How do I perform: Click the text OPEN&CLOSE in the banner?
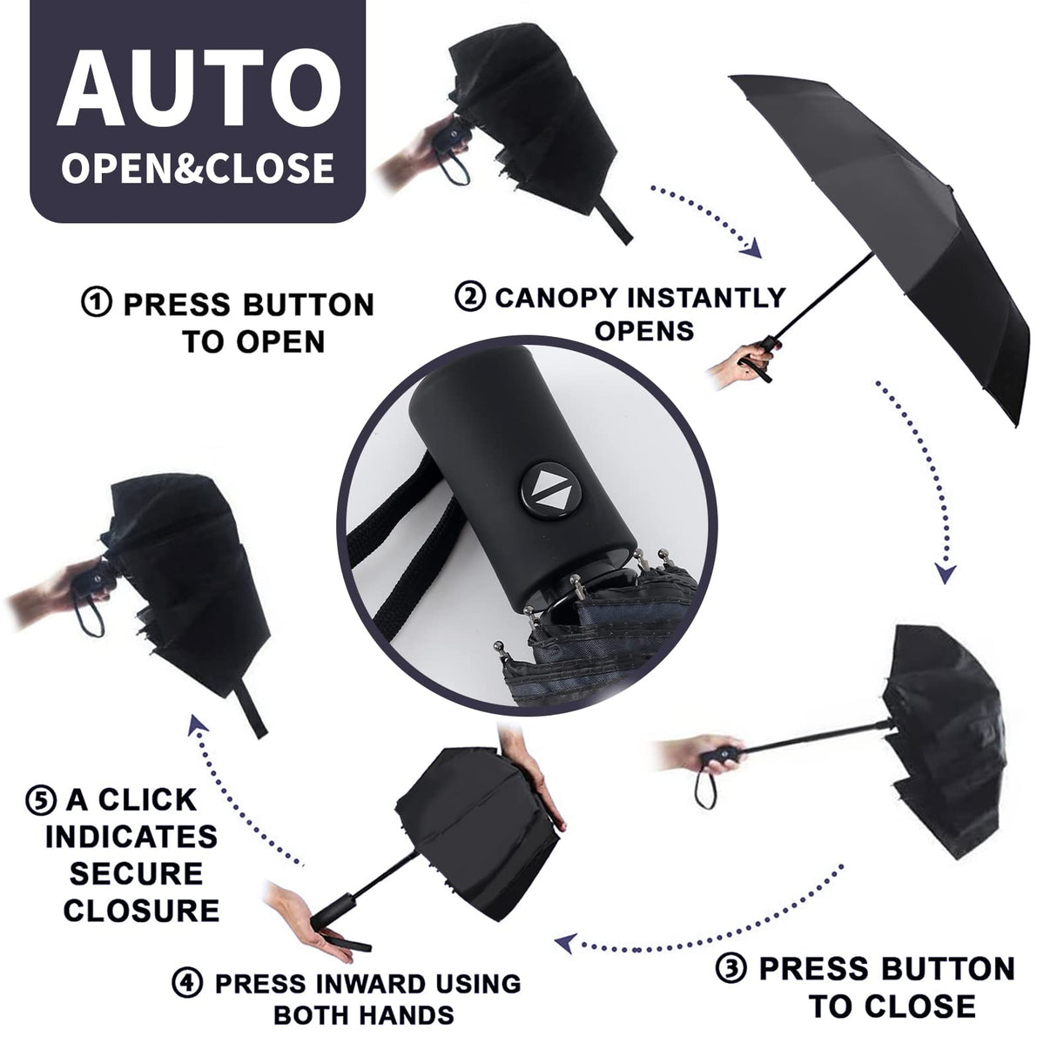[x=199, y=167]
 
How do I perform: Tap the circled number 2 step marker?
[x=470, y=297]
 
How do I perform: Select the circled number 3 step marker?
[x=731, y=968]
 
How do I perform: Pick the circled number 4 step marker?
[x=187, y=984]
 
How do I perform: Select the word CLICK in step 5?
[x=147, y=798]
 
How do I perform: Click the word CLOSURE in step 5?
[x=141, y=911]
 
